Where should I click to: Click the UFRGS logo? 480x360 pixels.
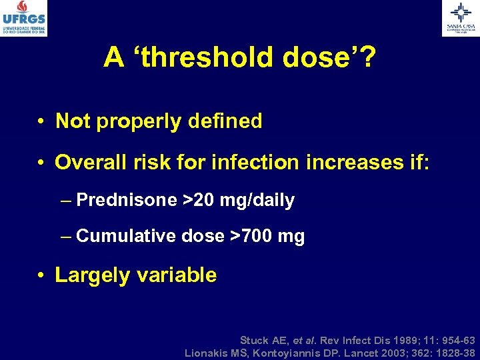[x=23, y=18]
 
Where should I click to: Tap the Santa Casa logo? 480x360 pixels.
[x=460, y=18]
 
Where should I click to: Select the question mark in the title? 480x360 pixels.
[x=367, y=59]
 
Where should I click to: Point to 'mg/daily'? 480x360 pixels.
[x=261, y=200]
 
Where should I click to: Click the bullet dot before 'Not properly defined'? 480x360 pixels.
[x=41, y=123]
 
